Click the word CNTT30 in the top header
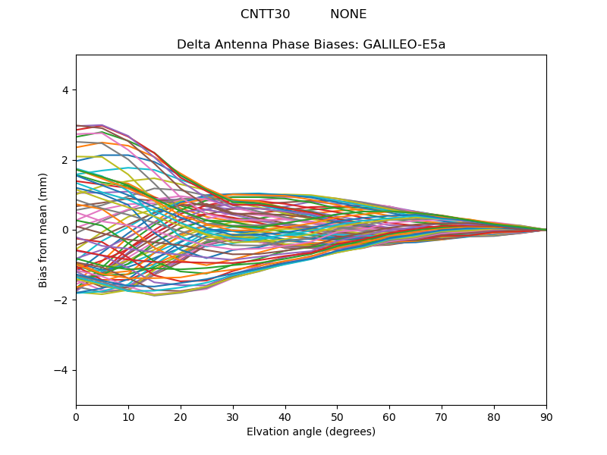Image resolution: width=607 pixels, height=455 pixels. pos(265,14)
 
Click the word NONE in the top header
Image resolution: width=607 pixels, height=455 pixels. pos(348,14)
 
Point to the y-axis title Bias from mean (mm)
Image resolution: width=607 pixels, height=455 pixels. pos(43,230)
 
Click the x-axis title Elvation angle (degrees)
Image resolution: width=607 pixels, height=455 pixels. pos(311,432)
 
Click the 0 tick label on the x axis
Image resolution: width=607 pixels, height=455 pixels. pos(76,416)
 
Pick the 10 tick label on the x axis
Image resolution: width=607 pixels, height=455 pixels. pos(128,416)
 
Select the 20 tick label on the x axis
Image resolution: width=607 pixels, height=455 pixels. pos(181,416)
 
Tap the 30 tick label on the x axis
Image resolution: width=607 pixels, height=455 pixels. pos(233,416)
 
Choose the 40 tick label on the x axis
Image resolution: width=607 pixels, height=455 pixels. pos(285,416)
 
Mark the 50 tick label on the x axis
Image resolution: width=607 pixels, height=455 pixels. pos(337,416)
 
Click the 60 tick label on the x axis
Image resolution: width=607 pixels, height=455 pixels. pos(389,416)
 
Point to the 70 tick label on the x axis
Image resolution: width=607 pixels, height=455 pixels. pos(442,416)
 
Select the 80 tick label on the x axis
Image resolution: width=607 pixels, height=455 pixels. pos(494,416)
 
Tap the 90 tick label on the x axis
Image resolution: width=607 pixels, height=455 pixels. pos(546,416)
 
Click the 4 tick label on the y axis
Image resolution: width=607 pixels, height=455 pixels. pos(64,90)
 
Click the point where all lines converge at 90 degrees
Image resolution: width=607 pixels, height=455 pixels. pos(546,230)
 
